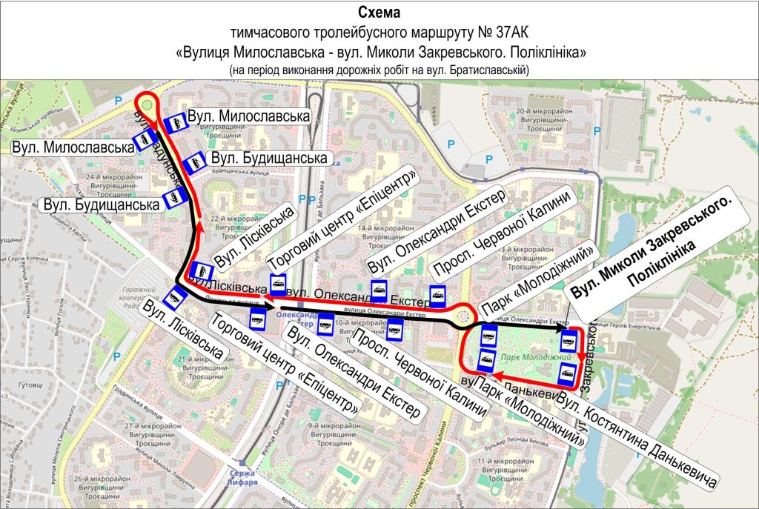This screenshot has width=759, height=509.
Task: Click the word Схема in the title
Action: point(379,13)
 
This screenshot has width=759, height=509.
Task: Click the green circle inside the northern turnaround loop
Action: point(148,105)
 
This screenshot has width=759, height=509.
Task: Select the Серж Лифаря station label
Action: point(243,478)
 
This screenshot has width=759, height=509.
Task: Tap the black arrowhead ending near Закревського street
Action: point(563,326)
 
